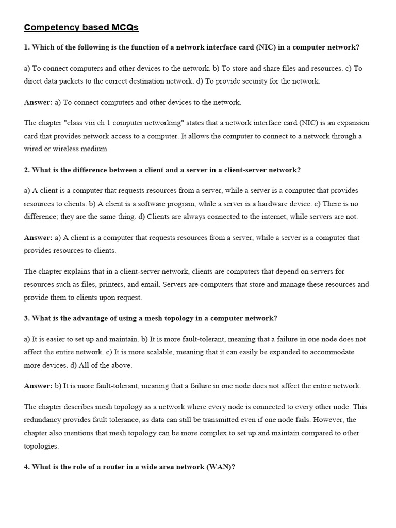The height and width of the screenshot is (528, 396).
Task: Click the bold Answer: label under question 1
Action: click(x=38, y=102)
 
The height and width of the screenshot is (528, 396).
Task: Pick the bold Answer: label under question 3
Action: click(x=38, y=386)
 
